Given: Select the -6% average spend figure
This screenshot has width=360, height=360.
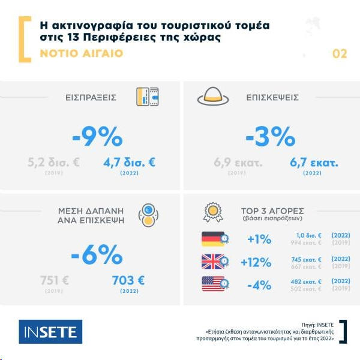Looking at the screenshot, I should pos(97,256).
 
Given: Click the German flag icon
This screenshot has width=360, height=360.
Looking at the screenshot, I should pos(213,239).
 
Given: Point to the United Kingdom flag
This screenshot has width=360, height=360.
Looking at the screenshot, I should pos(213,261).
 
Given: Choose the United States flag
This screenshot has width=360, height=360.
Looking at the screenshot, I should pos(213,283).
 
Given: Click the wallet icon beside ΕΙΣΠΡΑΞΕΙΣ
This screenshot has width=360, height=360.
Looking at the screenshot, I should pos(147,97).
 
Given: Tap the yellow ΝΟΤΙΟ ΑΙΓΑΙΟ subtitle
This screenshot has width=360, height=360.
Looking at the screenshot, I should pos(81,53).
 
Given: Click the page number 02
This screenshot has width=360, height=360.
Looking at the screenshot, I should pos(340,54).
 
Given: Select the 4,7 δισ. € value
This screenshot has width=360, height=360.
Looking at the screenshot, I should pos(129,162).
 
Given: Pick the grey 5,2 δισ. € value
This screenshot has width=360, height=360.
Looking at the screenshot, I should pos(53,162).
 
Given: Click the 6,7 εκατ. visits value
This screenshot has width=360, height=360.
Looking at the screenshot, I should pos(314,162).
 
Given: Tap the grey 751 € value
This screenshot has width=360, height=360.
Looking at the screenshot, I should pos(55,280).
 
